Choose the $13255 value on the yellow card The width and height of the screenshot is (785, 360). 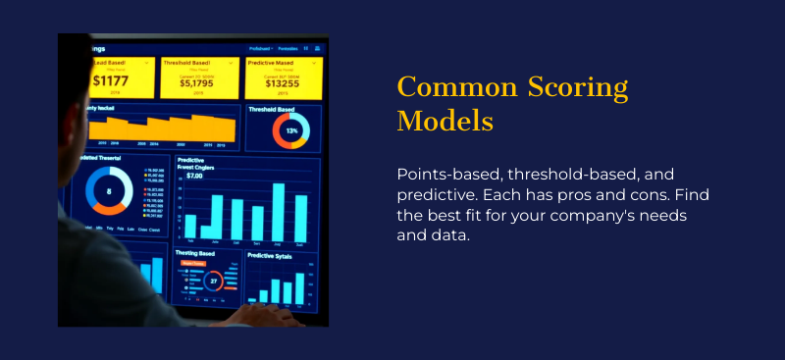pyautogui.click(x=284, y=82)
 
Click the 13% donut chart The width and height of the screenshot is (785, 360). pyautogui.click(x=291, y=129)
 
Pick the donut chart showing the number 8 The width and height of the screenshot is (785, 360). pyautogui.click(x=109, y=191)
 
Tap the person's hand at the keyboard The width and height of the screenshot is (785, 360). pyautogui.click(x=261, y=313)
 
